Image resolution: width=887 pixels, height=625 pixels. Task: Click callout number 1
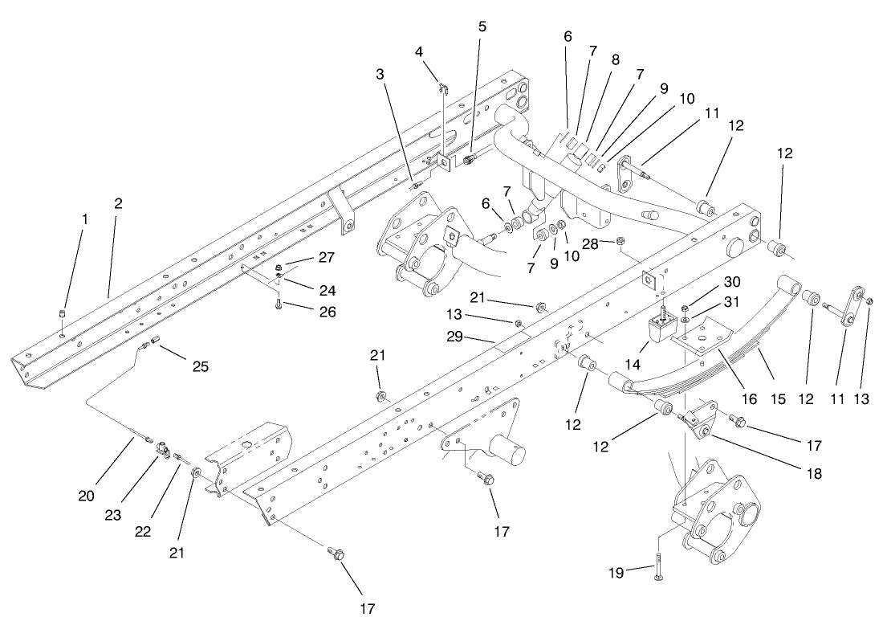[84, 219]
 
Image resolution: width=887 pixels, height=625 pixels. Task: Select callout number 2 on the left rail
[118, 203]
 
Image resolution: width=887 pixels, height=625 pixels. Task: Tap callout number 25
[200, 367]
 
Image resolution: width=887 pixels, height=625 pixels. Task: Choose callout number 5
[482, 27]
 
